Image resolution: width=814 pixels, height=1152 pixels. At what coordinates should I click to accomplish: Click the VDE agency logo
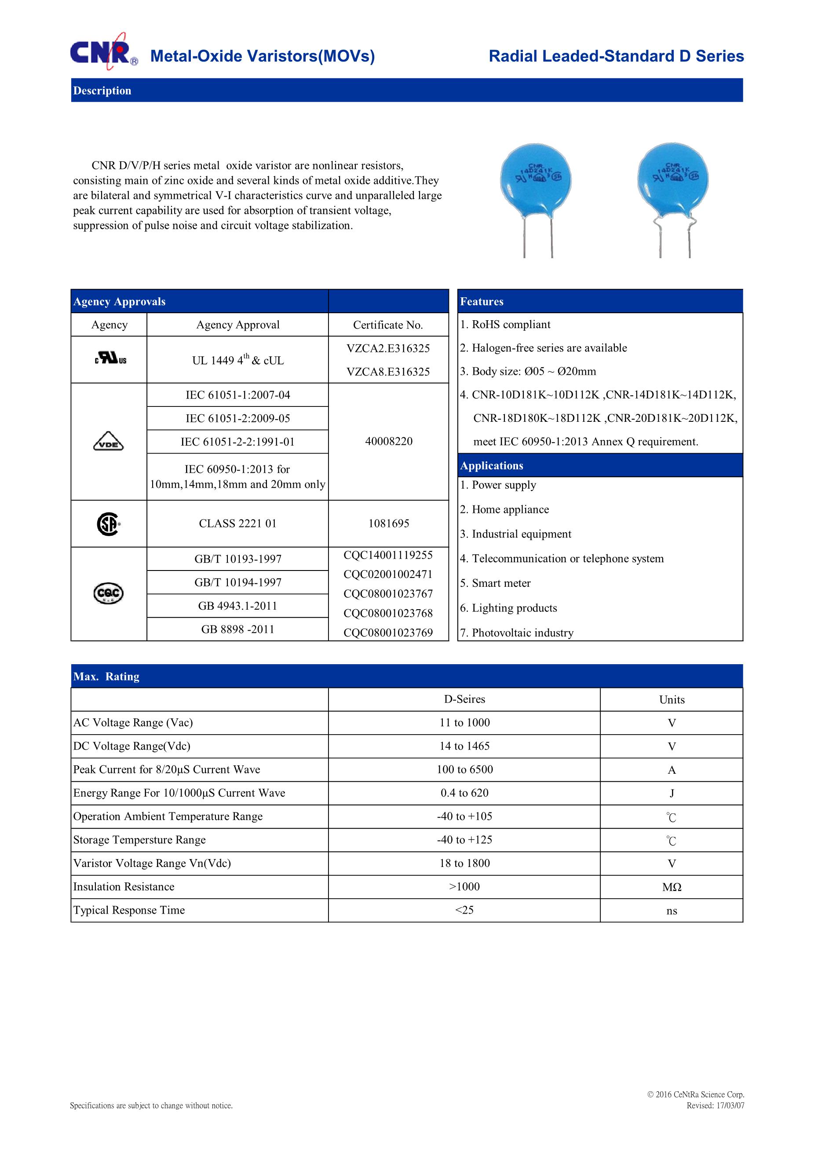click(108, 442)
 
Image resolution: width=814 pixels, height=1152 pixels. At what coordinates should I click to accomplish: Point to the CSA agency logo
click(108, 524)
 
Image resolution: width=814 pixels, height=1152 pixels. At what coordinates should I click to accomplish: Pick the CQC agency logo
click(108, 593)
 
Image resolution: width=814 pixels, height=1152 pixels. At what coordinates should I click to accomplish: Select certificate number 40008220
click(389, 442)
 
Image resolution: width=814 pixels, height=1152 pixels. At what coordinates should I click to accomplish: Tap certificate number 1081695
click(389, 524)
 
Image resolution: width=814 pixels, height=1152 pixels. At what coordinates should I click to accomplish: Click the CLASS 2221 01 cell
click(238, 524)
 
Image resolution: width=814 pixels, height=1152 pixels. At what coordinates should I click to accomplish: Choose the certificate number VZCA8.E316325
click(388, 372)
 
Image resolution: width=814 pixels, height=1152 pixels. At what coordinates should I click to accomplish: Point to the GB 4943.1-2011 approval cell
click(238, 606)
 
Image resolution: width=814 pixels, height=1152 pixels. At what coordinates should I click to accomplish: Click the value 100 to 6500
click(464, 770)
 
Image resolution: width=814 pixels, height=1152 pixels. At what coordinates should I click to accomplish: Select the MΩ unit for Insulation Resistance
click(672, 887)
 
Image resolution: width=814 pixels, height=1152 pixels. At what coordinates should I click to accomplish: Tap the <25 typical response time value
click(464, 910)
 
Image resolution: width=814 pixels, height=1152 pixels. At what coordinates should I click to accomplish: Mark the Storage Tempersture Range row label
click(139, 840)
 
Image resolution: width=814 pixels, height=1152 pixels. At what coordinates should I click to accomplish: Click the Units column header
click(672, 700)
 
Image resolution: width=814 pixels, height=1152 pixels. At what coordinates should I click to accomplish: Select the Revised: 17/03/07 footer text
click(715, 1105)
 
